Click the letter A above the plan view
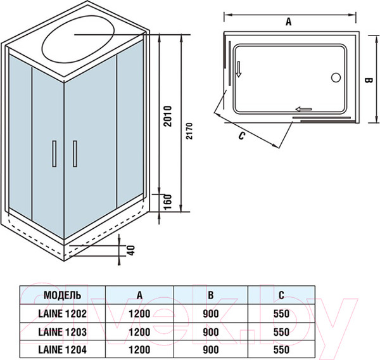(x=288, y=22)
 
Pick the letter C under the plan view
(x=242, y=136)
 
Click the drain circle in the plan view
(x=336, y=78)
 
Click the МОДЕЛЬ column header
(x=62, y=295)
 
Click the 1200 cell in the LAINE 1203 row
(x=140, y=331)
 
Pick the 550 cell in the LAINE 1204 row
(x=281, y=349)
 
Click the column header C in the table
(x=281, y=295)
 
